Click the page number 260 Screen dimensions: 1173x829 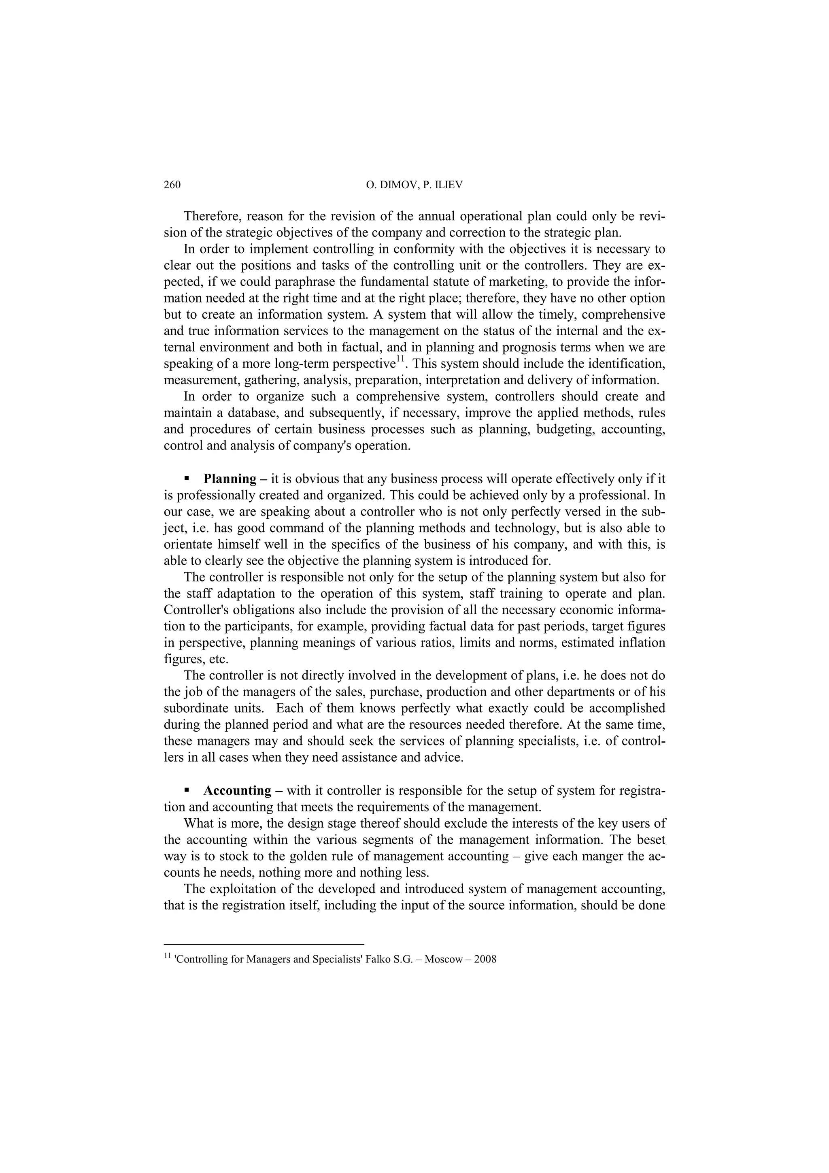tap(172, 185)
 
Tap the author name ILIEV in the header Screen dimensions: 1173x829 tap(447, 185)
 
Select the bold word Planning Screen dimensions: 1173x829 tap(230, 479)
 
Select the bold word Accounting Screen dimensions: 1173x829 tap(238, 790)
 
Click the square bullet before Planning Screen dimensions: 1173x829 tap(187, 479)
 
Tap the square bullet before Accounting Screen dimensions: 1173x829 tap(187, 790)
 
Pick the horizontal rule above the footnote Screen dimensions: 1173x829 tap(264, 945)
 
